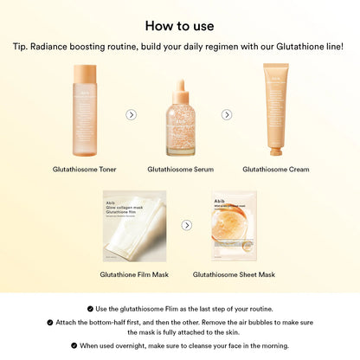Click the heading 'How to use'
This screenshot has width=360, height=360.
(179, 25)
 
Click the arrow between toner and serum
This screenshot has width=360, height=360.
(131, 114)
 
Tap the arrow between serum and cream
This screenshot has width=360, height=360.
(227, 114)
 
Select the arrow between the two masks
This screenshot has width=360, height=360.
(186, 225)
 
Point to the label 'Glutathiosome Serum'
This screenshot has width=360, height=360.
(180, 170)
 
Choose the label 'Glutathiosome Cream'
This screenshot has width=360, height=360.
(275, 170)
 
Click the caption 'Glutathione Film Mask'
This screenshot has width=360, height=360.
(133, 274)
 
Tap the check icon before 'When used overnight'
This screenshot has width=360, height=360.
(74, 345)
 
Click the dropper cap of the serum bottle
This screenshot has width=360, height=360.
(179, 90)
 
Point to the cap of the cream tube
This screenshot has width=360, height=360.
(275, 149)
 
